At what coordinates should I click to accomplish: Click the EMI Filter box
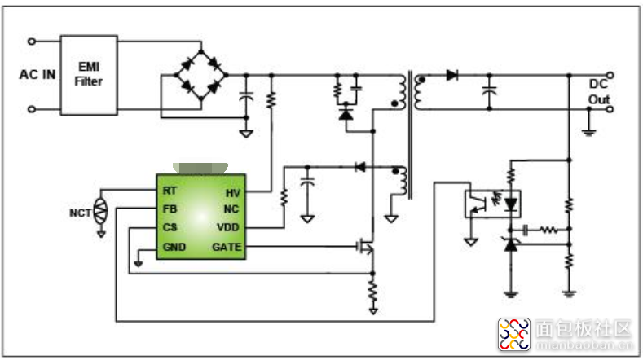point(89,74)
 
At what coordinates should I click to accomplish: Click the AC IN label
point(37,75)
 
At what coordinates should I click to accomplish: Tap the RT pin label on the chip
point(169,191)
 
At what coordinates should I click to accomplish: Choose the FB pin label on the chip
point(169,209)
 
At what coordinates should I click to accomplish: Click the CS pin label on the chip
point(169,227)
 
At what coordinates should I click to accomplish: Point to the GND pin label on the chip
point(173,246)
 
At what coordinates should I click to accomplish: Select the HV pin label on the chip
point(233,192)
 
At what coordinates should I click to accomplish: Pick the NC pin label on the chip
point(233,209)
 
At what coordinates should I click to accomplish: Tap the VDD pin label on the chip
point(229,227)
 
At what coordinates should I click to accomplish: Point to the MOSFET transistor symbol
point(367,246)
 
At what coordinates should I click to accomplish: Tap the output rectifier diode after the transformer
point(451,75)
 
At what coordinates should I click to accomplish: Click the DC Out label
point(599,92)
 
